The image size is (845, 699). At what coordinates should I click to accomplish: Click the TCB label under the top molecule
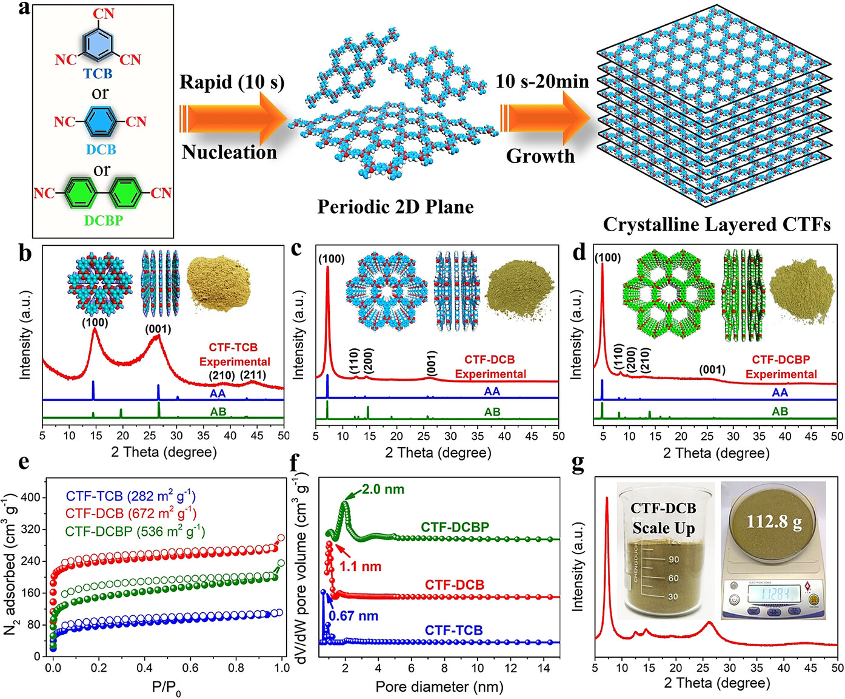[x=98, y=74]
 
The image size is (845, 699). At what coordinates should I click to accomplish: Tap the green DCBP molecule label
[x=103, y=220]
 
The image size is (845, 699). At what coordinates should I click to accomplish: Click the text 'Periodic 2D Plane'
[x=395, y=207]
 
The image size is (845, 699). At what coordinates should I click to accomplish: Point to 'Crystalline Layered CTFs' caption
[x=716, y=225]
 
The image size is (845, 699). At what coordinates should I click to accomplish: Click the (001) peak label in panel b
[x=158, y=329]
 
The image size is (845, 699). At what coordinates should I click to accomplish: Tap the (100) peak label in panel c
[x=332, y=259]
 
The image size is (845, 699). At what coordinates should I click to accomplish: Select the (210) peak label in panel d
[x=644, y=360]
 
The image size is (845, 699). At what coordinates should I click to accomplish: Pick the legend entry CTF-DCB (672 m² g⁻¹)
[x=131, y=513]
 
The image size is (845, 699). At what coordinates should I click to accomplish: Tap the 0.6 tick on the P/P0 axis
[x=190, y=667]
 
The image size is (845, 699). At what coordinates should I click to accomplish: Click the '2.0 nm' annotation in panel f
[x=383, y=489]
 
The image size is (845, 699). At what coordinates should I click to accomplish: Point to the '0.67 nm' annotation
[x=353, y=616]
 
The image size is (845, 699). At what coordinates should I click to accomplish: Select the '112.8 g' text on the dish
[x=774, y=522]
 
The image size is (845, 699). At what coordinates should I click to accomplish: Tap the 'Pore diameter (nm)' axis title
[x=439, y=687]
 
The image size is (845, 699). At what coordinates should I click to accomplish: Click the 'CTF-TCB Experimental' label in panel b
[x=234, y=354]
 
